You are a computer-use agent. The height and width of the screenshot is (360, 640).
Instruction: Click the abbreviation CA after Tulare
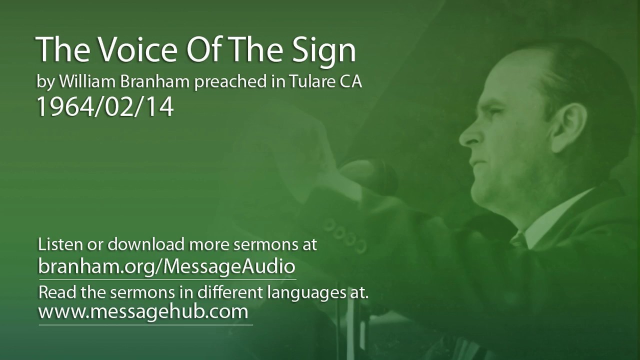click(351, 82)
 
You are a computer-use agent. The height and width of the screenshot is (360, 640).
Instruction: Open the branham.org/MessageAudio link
click(166, 266)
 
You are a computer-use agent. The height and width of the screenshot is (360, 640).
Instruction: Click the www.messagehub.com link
click(143, 311)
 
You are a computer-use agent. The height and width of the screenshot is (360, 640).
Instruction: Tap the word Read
click(52, 292)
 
